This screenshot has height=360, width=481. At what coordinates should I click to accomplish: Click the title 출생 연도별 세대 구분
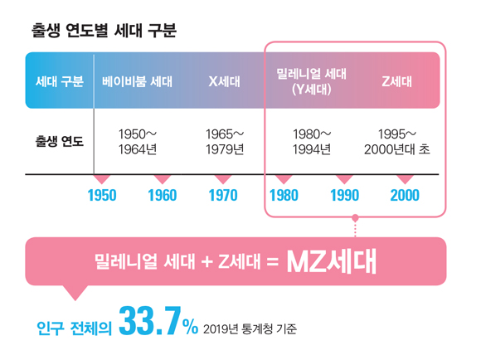pos(102,31)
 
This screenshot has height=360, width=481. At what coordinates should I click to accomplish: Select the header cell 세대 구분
pos(60,81)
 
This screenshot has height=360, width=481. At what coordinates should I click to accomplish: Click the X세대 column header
pos(224,81)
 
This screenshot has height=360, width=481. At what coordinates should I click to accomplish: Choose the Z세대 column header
pos(397,81)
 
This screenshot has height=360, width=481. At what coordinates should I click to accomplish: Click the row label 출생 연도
pos(60,140)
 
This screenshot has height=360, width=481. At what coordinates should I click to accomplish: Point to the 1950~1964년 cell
pos(138,140)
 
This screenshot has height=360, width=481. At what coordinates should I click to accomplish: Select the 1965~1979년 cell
pos(224,140)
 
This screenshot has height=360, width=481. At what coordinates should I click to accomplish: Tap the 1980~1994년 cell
pos(312,140)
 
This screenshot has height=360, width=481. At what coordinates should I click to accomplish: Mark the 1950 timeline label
pos(101,196)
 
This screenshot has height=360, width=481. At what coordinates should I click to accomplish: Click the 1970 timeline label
pos(222,196)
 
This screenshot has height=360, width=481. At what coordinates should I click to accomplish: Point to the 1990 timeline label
pos(343,196)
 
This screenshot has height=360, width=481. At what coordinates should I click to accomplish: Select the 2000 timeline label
pos(404,196)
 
